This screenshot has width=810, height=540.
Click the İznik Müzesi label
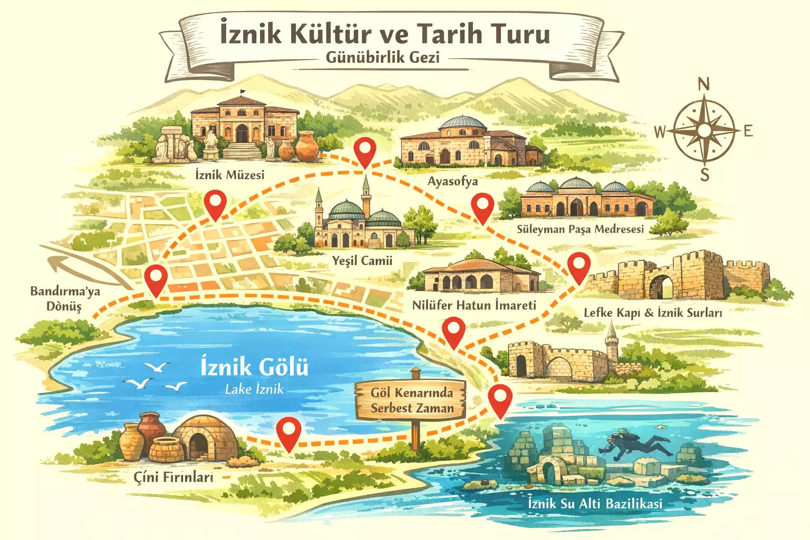[229, 174]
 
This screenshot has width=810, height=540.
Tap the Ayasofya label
[452, 181]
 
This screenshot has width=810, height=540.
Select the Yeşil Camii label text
[362, 261]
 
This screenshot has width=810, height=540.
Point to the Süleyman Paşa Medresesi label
[580, 229]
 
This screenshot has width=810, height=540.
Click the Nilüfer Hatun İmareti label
[474, 305]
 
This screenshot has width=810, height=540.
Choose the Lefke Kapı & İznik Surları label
[652, 313]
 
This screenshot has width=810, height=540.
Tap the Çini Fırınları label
[173, 477]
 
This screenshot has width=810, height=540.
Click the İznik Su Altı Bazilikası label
[595, 503]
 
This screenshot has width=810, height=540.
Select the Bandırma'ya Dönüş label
[65, 298]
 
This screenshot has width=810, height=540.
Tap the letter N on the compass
[703, 84]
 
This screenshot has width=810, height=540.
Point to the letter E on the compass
[748, 131]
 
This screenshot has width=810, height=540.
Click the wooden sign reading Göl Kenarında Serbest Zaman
[411, 400]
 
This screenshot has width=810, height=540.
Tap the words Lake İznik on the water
[254, 390]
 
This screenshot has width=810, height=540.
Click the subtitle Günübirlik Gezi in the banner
[382, 57]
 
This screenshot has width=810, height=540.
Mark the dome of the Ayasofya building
[462, 122]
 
